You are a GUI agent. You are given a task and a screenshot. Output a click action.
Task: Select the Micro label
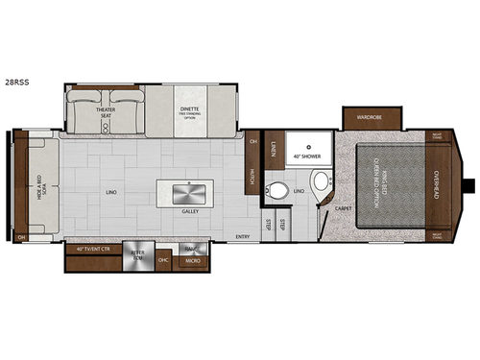191,261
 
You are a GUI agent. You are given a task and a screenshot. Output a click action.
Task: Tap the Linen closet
273,146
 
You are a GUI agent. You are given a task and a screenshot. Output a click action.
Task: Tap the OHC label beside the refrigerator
163,260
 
